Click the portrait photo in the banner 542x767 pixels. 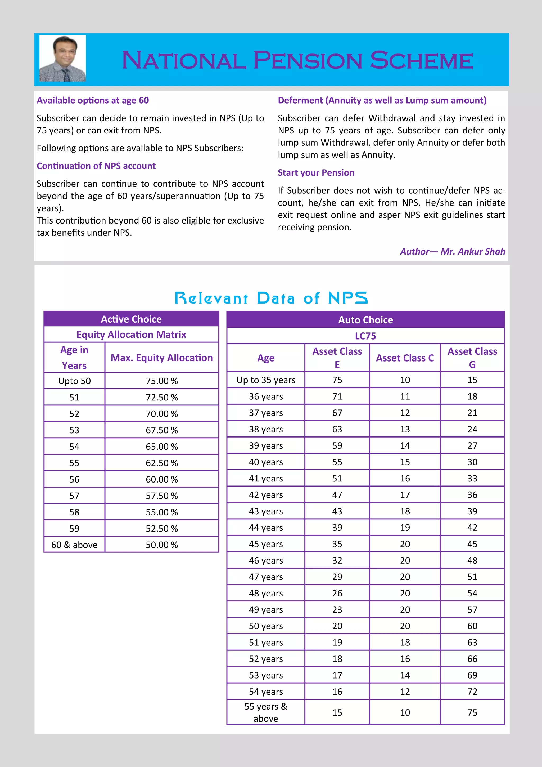pyautogui.click(x=62, y=58)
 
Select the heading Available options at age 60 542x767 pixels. pyautogui.click(x=93, y=100)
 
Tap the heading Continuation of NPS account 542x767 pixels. pyautogui.click(x=96, y=166)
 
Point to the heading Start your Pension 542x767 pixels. pyautogui.click(x=316, y=173)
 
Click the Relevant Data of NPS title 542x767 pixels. pyautogui.click(x=271, y=298)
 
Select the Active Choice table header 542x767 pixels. pyautogui.click(x=131, y=319)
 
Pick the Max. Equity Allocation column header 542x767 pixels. pyautogui.click(x=161, y=358)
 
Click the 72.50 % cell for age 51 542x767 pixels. pyautogui.click(x=161, y=397)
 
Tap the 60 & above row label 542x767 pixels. pyautogui.click(x=74, y=545)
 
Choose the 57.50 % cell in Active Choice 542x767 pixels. pyautogui.click(x=161, y=496)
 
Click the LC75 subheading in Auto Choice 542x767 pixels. pyautogui.click(x=365, y=336)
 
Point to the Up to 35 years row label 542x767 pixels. pyautogui.click(x=266, y=380)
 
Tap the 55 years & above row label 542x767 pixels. pyautogui.click(x=266, y=712)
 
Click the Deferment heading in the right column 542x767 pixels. pyautogui.click(x=382, y=100)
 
